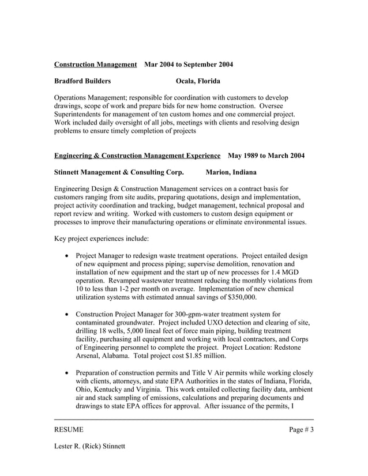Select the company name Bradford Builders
coord(82,81)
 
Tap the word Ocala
coord(186,81)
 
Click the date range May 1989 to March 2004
coord(266,156)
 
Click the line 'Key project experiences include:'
coord(102,239)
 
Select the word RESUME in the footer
coord(69,429)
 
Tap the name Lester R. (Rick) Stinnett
coord(89,447)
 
